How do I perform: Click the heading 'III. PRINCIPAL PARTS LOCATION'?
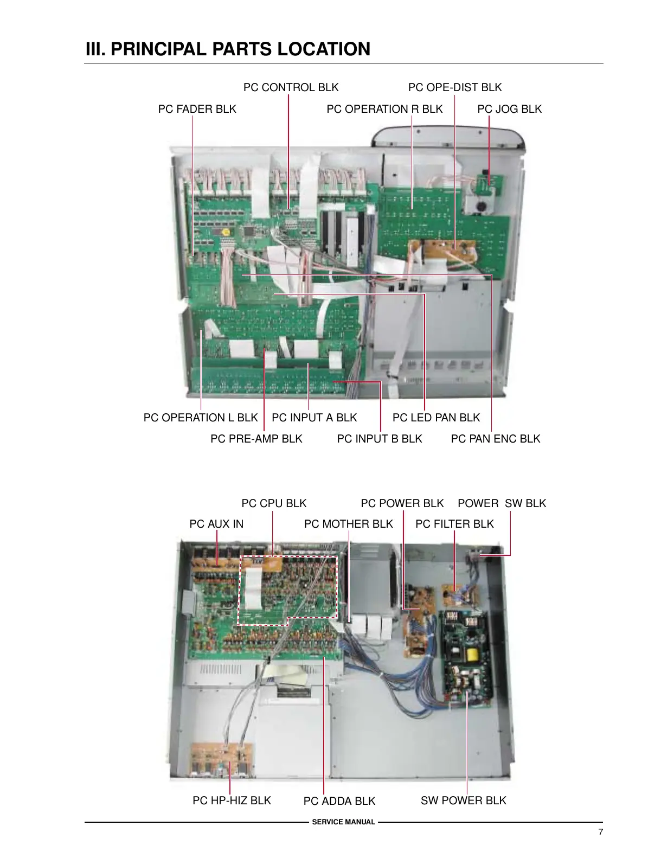(x=228, y=49)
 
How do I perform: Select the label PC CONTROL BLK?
(x=291, y=87)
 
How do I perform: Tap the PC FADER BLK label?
(x=197, y=109)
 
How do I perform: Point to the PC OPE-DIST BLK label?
(x=454, y=87)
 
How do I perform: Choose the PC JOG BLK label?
(x=509, y=109)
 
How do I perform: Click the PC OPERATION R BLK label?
(x=384, y=109)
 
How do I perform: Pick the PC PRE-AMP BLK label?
(x=256, y=439)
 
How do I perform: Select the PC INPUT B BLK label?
(x=379, y=439)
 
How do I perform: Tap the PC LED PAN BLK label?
(x=436, y=418)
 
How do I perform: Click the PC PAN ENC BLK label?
(x=495, y=439)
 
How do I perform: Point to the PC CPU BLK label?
(x=274, y=503)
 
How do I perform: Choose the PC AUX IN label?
(x=216, y=524)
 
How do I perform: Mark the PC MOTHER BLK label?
(x=348, y=524)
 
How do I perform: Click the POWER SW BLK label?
(x=502, y=503)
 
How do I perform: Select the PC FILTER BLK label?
(x=454, y=524)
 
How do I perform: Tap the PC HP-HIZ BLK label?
(x=232, y=801)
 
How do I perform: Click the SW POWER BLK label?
(x=463, y=801)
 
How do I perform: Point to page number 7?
(x=600, y=833)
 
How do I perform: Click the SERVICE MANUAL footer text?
(x=343, y=822)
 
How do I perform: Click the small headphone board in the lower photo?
(x=222, y=759)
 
